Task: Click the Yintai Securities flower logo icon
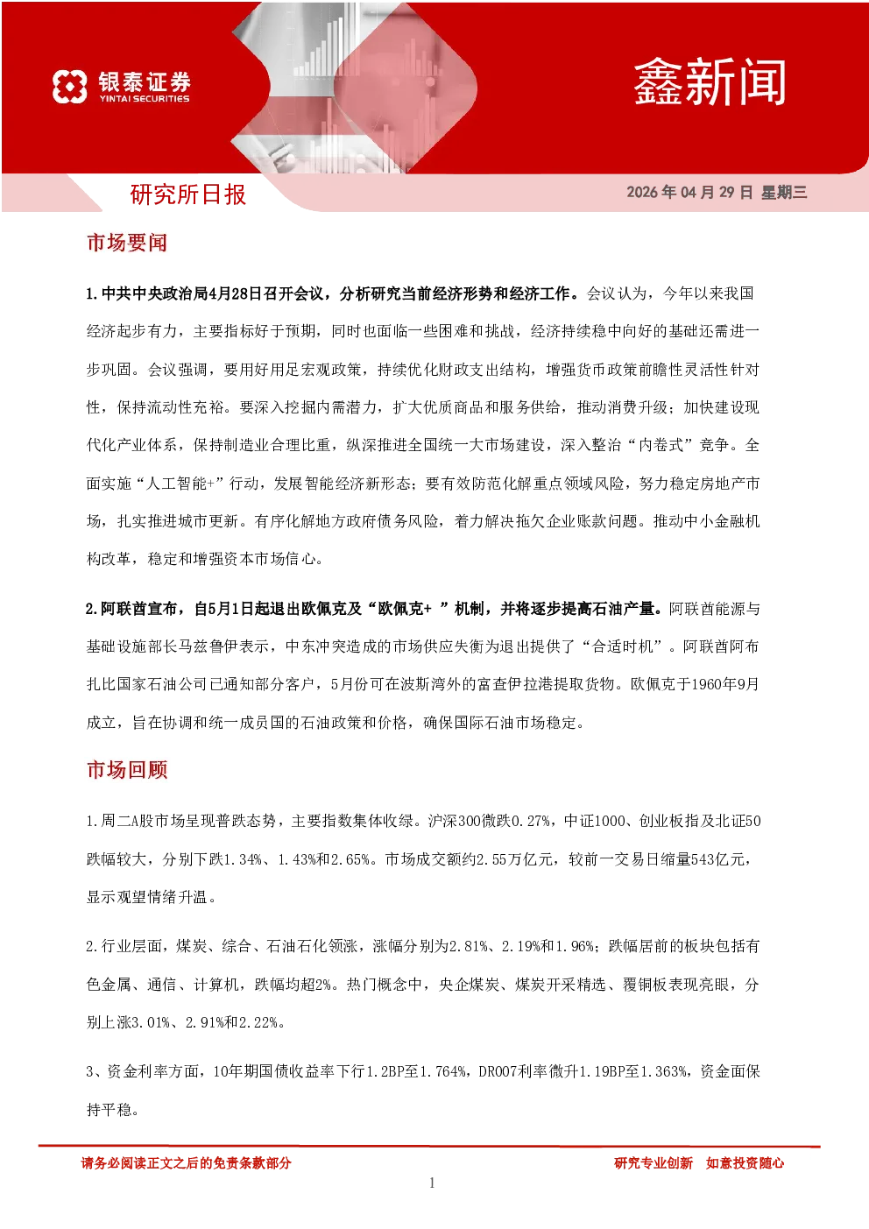click(70, 86)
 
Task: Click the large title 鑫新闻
click(710, 82)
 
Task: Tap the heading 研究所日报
click(187, 194)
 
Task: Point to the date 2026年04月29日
click(689, 192)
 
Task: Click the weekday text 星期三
click(784, 192)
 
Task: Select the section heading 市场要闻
click(127, 243)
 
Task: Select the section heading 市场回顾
click(127, 770)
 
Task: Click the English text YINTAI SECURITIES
click(145, 99)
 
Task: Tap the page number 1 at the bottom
click(432, 1183)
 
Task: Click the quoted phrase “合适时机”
click(623, 646)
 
